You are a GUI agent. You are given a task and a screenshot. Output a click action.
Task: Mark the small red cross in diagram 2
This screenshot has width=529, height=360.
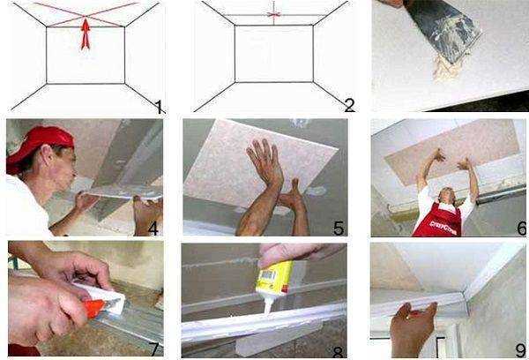[x=273, y=14]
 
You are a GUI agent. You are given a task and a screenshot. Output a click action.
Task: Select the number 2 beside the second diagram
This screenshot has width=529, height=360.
[x=349, y=106]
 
